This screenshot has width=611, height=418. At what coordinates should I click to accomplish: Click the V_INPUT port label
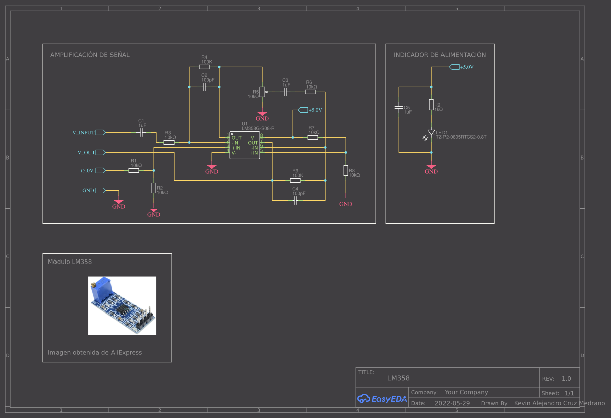[x=83, y=132]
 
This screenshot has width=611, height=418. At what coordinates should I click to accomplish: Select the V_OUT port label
[x=86, y=152]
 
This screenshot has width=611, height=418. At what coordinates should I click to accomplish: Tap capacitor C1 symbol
[x=142, y=132]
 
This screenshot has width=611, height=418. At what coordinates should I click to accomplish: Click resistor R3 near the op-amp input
[x=170, y=143]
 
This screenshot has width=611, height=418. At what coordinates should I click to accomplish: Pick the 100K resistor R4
[x=204, y=67]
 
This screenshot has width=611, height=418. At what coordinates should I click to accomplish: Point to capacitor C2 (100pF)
[x=204, y=87]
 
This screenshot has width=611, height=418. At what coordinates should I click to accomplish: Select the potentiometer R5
[x=262, y=93]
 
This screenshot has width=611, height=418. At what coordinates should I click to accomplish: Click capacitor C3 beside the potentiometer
[x=285, y=92]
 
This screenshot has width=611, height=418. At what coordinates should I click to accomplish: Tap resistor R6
[x=310, y=92]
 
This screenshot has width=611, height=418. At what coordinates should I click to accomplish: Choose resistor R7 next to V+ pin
[x=313, y=137]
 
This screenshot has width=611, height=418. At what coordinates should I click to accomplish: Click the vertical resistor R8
[x=346, y=171]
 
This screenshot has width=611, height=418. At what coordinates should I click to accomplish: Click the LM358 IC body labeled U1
[x=245, y=145]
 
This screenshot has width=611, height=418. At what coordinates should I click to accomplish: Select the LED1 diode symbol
[x=431, y=134]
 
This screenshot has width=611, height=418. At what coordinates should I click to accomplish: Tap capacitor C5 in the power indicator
[x=399, y=107]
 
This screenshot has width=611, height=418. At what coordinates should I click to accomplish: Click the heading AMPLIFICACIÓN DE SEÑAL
[x=90, y=55]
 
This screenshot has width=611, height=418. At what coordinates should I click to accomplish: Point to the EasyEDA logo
[x=382, y=399]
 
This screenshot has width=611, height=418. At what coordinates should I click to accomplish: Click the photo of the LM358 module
[x=122, y=305]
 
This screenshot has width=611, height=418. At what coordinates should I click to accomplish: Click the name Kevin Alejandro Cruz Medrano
[x=559, y=403]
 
